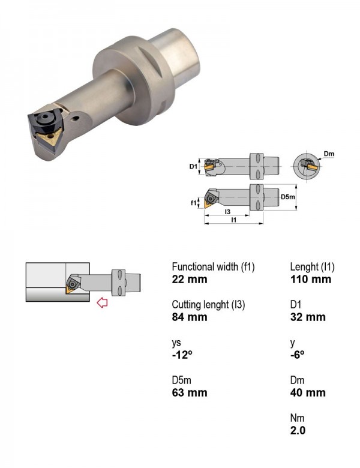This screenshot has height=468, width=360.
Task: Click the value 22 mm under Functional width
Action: point(190,280)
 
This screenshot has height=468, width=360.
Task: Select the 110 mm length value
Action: point(311,280)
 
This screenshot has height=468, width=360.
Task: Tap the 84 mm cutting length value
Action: point(190,317)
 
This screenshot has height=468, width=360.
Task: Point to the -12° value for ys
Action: point(182,355)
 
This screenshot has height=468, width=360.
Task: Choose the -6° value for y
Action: point(298,355)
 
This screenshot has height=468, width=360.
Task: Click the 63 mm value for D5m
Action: point(190,392)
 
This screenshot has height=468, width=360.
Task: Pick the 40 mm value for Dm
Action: point(308,392)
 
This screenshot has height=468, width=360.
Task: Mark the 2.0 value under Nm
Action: point(298,430)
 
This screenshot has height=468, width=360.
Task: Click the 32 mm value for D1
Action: point(308,317)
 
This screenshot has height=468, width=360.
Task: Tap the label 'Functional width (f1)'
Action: point(213,266)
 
